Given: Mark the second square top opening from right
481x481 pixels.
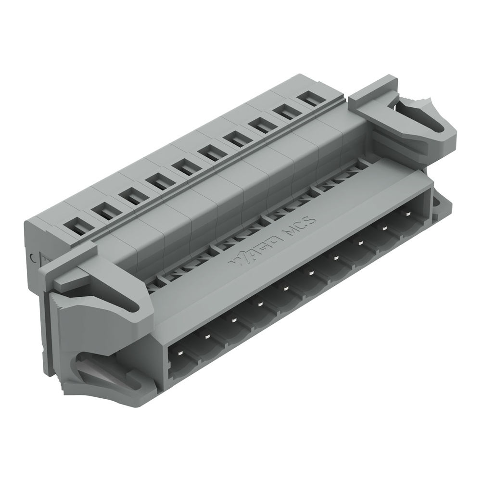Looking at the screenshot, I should point(287,113).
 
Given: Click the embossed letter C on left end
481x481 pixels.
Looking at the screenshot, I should point(33,257).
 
